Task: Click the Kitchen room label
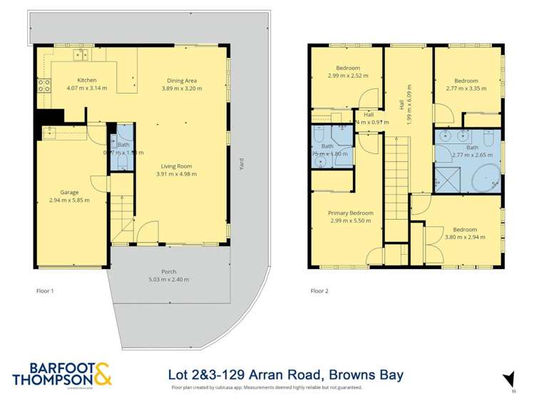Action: click(87, 80)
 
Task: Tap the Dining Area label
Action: click(182, 80)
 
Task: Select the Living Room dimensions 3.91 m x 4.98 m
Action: click(176, 173)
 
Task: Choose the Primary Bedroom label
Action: click(351, 213)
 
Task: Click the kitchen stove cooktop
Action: click(43, 86)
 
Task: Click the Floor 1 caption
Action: click(45, 290)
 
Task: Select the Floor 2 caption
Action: click(320, 290)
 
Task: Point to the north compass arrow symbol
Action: click(508, 378)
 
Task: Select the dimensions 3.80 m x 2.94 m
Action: click(464, 237)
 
